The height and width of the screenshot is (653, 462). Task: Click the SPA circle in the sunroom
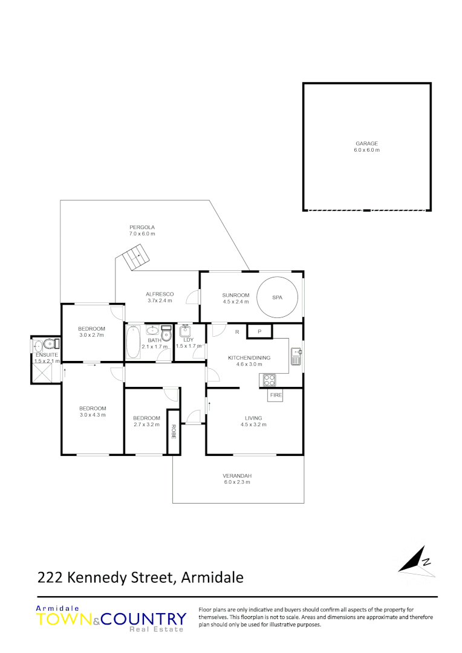coord(278,297)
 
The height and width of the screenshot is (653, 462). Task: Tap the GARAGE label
coord(367,144)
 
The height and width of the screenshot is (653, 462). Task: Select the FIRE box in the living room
coord(276,395)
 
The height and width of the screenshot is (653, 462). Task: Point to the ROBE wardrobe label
coord(174,431)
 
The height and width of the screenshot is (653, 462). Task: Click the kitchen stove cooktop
coord(268,380)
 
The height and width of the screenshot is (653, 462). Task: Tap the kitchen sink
coord(295,357)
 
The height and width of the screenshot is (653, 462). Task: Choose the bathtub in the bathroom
coord(132,342)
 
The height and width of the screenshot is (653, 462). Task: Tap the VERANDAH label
coord(237,475)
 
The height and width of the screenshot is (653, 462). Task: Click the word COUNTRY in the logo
coord(144,619)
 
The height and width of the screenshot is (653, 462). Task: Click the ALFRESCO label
coord(160,294)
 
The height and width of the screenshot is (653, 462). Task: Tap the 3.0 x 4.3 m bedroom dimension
coord(92,415)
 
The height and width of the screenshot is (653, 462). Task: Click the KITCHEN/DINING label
coord(249,357)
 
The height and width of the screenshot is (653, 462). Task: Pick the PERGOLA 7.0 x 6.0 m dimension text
coord(142,233)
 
